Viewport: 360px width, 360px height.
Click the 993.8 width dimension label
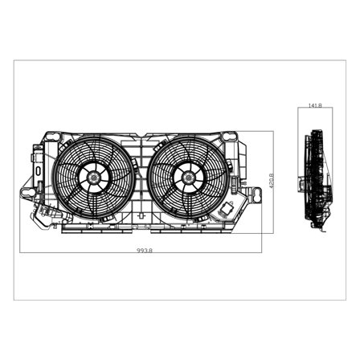pos(145,252)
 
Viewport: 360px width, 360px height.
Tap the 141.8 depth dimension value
pos(315,105)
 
